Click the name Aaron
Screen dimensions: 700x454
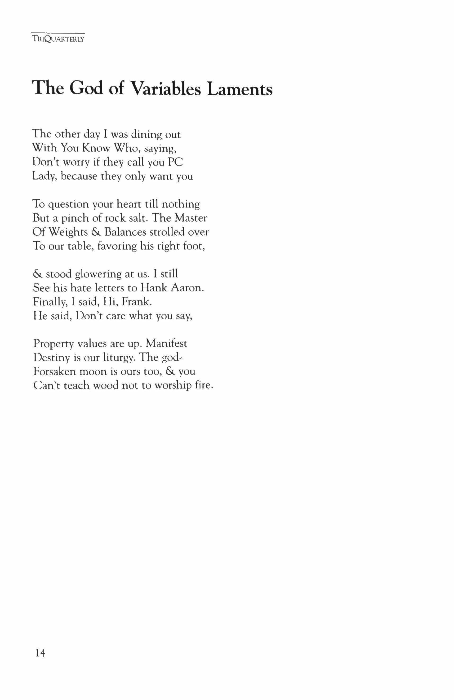(187, 288)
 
